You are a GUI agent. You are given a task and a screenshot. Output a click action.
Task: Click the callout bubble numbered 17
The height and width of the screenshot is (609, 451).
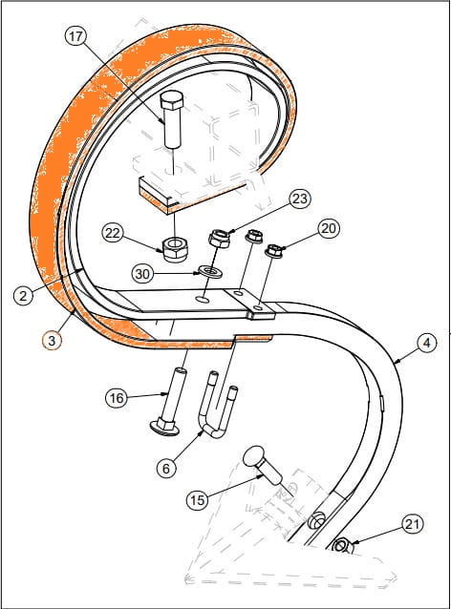tap(75, 36)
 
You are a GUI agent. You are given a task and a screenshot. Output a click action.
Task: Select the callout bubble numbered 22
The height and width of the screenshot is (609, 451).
tap(113, 234)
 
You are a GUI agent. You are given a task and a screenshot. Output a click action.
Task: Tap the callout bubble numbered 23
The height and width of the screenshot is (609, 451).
tap(300, 199)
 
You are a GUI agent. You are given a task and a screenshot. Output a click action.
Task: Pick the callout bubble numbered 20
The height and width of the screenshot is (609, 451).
tap(329, 228)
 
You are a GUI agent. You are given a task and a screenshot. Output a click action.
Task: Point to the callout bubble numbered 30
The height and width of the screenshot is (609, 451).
tap(142, 274)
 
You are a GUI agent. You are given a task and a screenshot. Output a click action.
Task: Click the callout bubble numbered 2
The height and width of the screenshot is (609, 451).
tap(24, 296)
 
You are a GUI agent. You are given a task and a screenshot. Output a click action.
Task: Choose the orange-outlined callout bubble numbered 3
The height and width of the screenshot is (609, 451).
tap(53, 341)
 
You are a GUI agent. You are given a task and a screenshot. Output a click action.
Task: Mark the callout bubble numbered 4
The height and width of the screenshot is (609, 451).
tap(427, 343)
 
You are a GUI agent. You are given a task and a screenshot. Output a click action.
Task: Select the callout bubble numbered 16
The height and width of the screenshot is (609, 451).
tap(117, 398)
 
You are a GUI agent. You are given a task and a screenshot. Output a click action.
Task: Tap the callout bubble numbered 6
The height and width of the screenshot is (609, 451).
tap(166, 469)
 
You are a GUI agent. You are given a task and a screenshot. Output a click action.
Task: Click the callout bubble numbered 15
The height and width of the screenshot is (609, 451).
tap(198, 500)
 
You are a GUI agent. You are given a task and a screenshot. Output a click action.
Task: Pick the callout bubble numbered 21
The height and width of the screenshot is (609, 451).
tap(412, 525)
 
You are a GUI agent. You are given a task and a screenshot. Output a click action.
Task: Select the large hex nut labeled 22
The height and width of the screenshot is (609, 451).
tap(174, 249)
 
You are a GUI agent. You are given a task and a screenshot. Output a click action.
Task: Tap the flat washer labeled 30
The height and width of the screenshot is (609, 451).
tap(209, 271)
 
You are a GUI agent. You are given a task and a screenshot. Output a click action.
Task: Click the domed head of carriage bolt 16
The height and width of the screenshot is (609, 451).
tap(162, 427)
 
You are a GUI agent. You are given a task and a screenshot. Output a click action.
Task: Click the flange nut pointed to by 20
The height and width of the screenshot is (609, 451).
tap(273, 250)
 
